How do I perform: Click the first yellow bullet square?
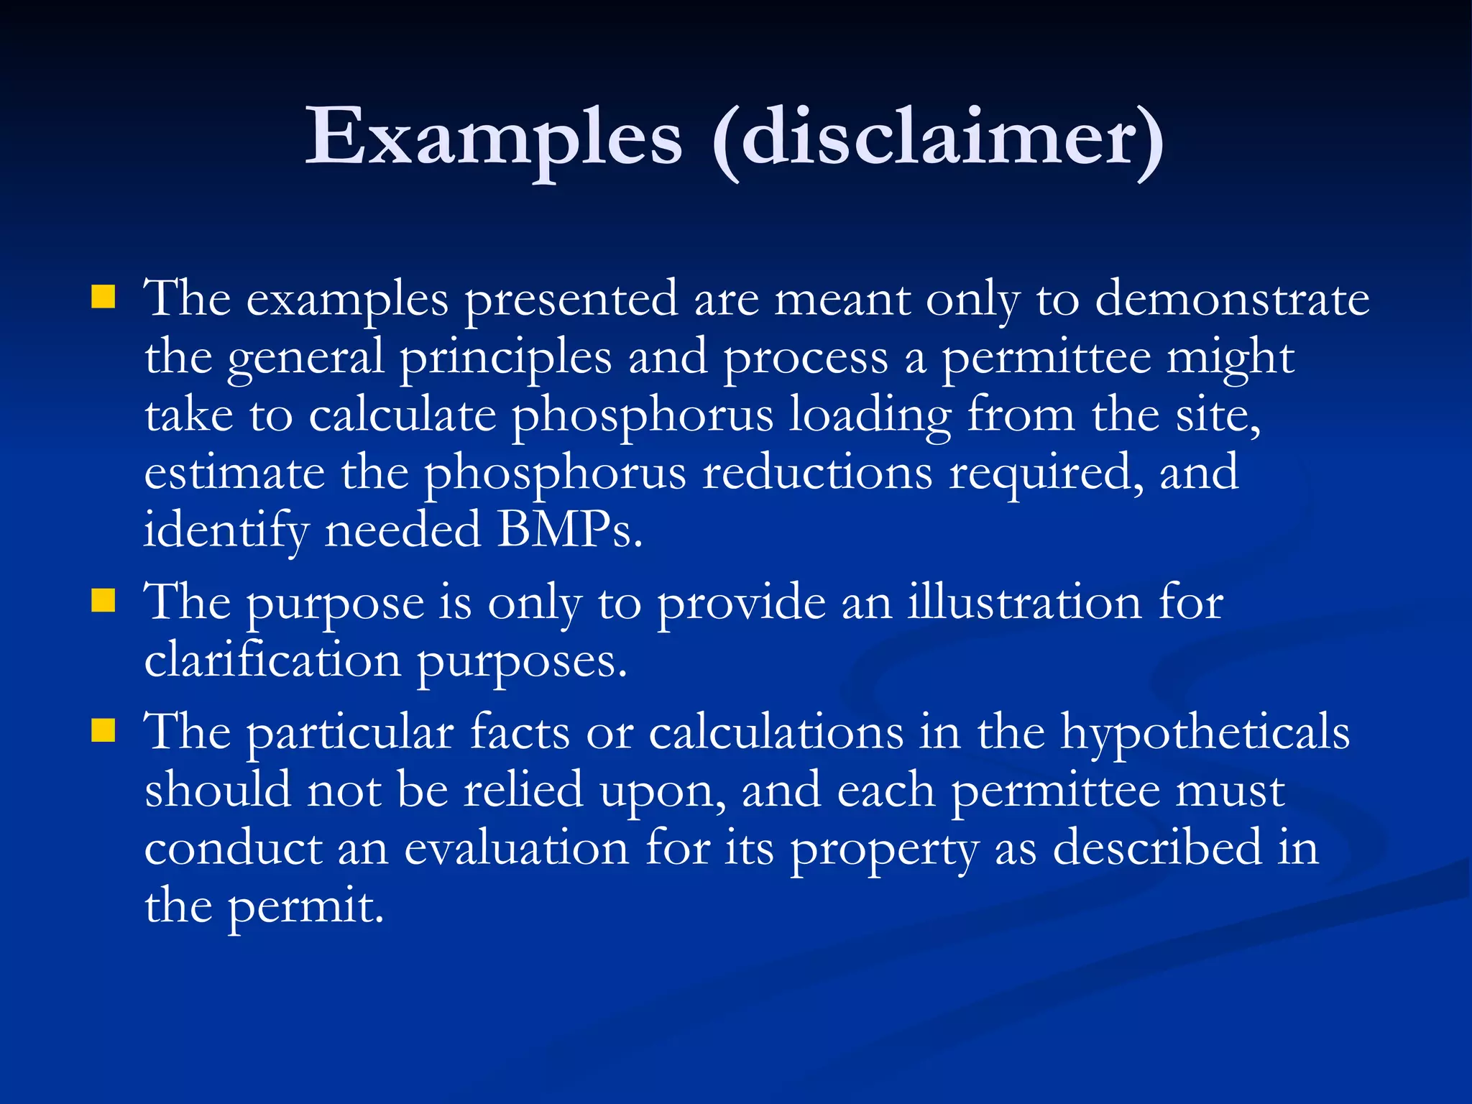(x=103, y=297)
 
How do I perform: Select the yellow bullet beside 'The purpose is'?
(x=103, y=600)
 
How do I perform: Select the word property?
(x=884, y=850)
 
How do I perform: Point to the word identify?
(x=226, y=531)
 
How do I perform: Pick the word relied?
(x=523, y=790)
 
